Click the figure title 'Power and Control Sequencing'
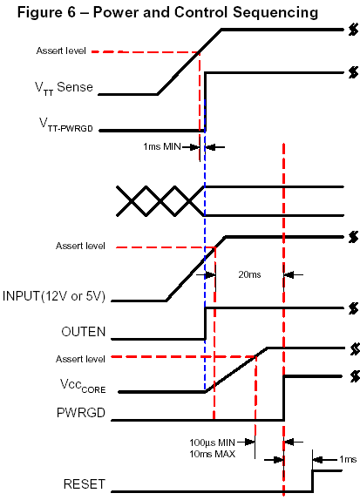[206, 12]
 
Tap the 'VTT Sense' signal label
[64, 88]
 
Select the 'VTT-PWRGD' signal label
[66, 125]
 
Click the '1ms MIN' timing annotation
[162, 146]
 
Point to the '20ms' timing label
[249, 274]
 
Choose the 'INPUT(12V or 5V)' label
[54, 296]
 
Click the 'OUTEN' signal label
[84, 332]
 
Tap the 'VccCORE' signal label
[83, 386]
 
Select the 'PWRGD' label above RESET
[81, 413]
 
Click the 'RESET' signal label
[85, 484]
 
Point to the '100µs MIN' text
[212, 443]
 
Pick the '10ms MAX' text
[212, 454]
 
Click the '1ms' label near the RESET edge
[348, 459]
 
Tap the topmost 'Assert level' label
[61, 51]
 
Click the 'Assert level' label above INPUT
[80, 246]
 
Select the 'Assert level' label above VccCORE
[80, 359]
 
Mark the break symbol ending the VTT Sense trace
[353, 30]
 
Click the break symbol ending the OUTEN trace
[353, 308]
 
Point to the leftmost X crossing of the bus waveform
[131, 201]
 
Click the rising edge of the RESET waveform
[312, 481]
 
